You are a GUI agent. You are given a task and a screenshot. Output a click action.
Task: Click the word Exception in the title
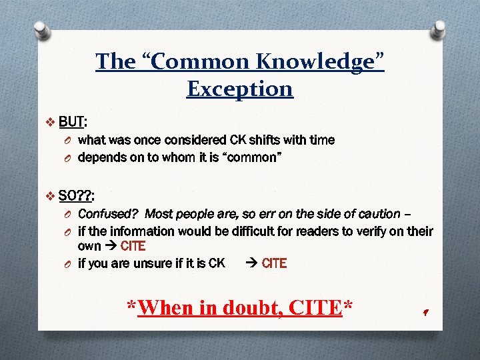coord(239,88)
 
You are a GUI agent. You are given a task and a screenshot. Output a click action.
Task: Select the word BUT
coord(71,122)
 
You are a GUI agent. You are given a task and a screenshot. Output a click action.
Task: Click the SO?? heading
coord(75,196)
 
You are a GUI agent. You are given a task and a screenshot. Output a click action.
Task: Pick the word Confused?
coord(107,214)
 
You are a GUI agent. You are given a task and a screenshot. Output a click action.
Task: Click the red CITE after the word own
coord(133,246)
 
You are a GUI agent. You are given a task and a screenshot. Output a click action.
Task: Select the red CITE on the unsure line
coord(274,263)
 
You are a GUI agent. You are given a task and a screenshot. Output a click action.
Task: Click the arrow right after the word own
coord(111,246)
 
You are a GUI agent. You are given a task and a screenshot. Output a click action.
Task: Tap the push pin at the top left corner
coord(41,29)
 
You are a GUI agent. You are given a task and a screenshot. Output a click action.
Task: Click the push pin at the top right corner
coord(439,29)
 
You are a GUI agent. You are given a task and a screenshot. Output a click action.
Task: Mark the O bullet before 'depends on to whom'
coord(68,158)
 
